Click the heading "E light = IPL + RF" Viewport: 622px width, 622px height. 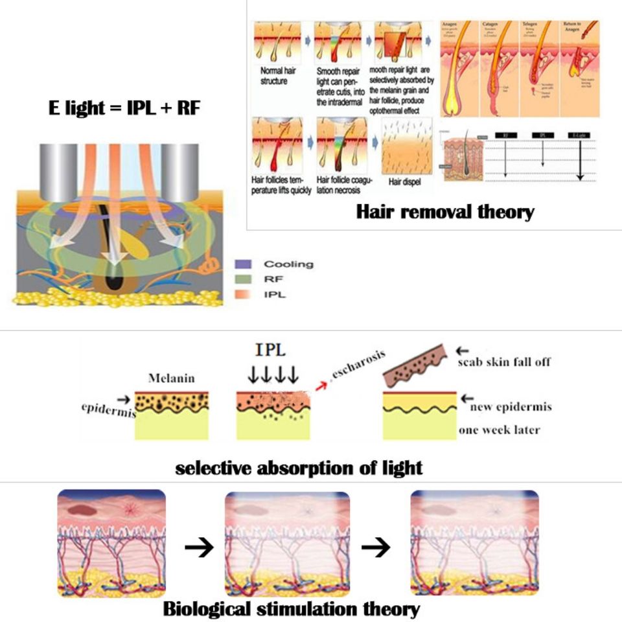[124, 108]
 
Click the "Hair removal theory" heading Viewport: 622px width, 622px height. [445, 211]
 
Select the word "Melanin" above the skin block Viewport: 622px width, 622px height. [171, 378]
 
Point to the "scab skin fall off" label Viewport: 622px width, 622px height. [503, 362]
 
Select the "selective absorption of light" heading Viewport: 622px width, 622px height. [299, 467]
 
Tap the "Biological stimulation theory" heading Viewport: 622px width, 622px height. [292, 609]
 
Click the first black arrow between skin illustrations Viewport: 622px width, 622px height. [199, 549]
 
